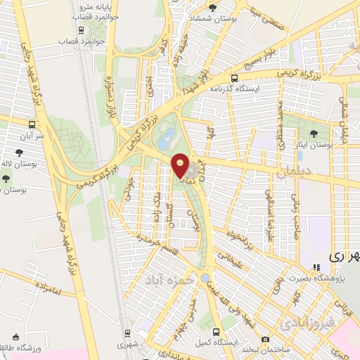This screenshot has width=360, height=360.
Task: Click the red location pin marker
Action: coord(181,166)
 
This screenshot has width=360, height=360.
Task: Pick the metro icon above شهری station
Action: coord(128,333)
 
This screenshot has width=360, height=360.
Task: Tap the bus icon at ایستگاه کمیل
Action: coord(216,332)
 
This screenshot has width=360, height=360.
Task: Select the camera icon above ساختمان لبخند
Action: coord(265,339)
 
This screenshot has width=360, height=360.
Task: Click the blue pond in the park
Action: coord(165,141)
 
